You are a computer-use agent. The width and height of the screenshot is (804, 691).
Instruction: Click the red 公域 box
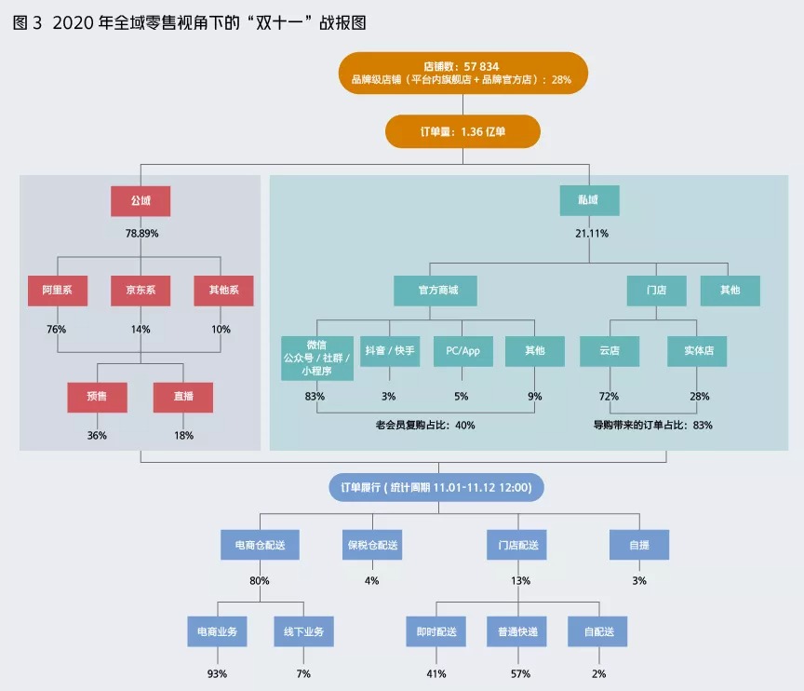point(141,201)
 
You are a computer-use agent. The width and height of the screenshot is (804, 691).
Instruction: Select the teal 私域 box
point(590,201)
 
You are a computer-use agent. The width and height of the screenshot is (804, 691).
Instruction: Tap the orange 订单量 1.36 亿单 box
point(462,131)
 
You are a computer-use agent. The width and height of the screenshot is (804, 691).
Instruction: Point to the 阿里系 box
point(57,291)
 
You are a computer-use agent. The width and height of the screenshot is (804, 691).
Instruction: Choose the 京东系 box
point(141,291)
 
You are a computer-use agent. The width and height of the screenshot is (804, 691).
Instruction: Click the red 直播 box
point(183,397)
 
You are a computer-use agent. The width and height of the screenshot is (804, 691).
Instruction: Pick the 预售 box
point(97,397)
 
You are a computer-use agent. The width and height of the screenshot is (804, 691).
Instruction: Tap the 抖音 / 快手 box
point(390,351)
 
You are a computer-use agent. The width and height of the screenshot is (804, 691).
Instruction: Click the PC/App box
point(462,351)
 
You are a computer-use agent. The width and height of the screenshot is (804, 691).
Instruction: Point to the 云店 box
point(610,351)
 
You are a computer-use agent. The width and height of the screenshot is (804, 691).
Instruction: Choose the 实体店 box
point(697,351)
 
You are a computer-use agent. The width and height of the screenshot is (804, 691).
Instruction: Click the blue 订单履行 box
point(436,487)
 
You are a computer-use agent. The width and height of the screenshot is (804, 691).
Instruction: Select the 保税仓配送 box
point(372,545)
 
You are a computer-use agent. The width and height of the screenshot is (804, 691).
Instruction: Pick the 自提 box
point(639,545)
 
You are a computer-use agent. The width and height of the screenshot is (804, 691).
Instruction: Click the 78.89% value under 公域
point(141,233)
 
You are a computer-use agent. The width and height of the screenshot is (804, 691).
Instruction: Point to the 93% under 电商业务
point(217,673)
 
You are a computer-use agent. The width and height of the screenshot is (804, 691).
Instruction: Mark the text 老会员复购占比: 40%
point(425,426)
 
